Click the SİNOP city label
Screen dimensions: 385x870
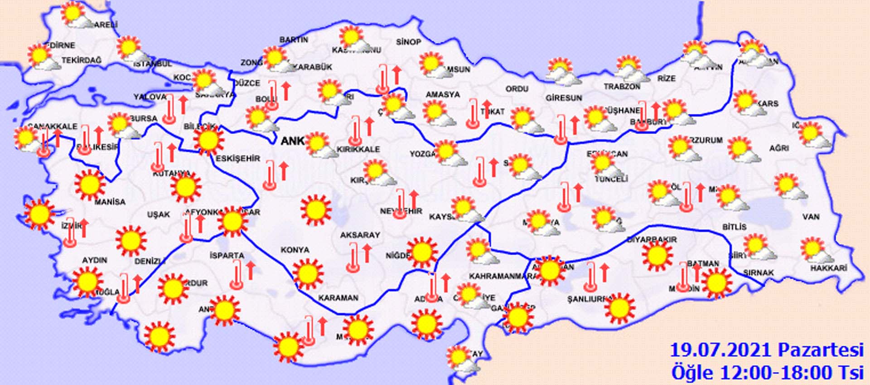coord(408,42)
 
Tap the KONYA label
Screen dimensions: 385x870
coord(295,250)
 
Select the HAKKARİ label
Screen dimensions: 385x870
coord(829,268)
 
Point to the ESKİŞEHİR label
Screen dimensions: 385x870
coord(238,158)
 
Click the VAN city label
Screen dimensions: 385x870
coord(811,217)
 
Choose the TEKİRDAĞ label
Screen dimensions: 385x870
coord(82,60)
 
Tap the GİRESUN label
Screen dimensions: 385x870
coord(564,98)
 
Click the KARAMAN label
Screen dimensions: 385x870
coord(338,298)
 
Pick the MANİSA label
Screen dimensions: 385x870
coord(110,202)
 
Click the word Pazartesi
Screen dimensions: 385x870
coord(821,350)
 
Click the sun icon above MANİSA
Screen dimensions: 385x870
coord(90,185)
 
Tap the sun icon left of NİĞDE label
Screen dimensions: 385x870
coord(421,252)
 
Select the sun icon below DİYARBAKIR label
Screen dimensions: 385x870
coord(657,256)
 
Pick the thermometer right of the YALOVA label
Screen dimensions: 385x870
coord(169,109)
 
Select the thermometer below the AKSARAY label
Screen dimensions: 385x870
coord(353,257)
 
